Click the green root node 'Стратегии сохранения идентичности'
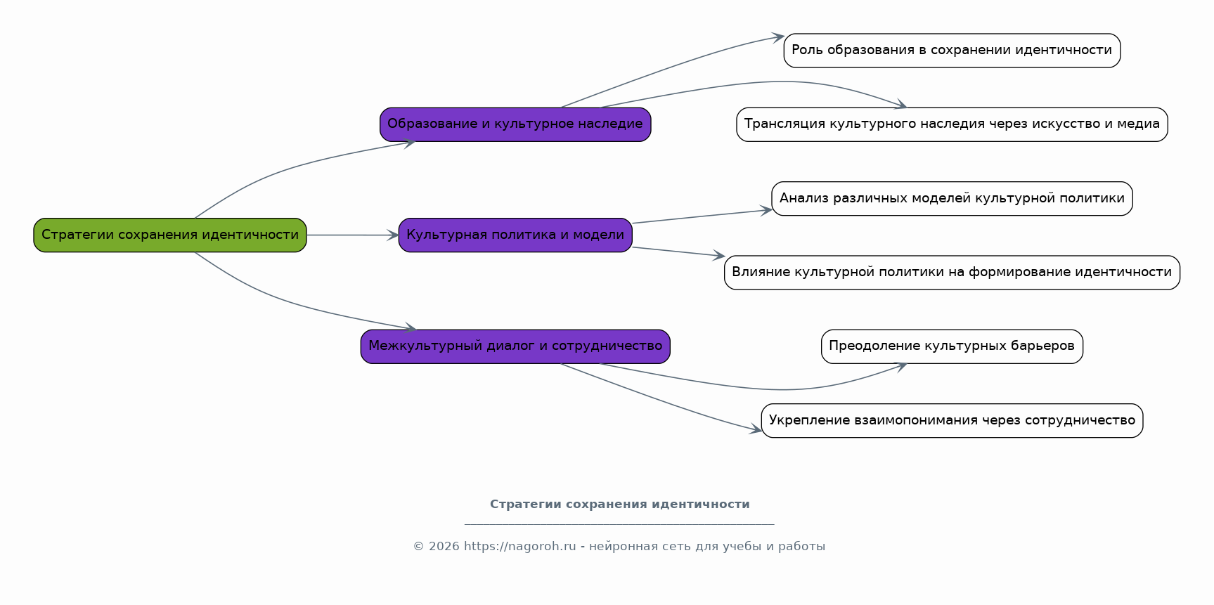[170, 235]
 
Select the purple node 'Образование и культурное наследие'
[515, 124]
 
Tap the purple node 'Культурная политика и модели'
[515, 235]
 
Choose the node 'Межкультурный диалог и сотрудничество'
[515, 346]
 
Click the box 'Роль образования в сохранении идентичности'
[952, 51]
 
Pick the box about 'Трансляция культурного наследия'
[952, 124]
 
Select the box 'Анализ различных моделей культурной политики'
[952, 199]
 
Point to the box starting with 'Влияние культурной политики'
[952, 273]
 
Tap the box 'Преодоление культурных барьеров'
[952, 346]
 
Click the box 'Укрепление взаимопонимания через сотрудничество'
[952, 421]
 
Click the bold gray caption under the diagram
[619, 505]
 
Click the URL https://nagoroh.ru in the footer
[519, 547]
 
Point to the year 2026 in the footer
[444, 547]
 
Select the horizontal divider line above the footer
[619, 525]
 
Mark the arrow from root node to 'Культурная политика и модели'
[351, 235]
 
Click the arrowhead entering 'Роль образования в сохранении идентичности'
[777, 37]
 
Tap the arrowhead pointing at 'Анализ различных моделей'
[767, 210]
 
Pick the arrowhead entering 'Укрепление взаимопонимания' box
[756, 430]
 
